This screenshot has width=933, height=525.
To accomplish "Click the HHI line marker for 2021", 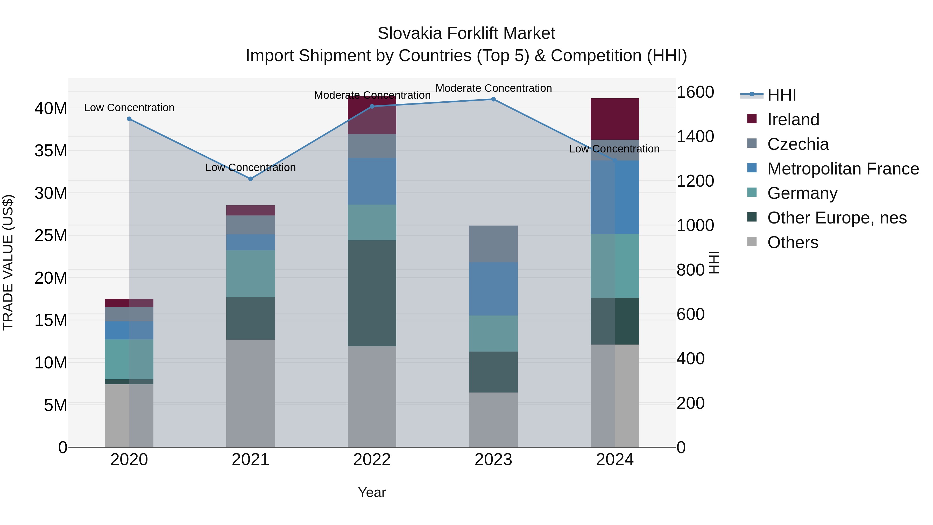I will pos(250,179).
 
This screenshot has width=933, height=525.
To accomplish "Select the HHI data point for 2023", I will pos(493,99).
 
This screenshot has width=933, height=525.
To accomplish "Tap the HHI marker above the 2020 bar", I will pos(129,119).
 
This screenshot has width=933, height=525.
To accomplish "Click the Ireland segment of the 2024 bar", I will pos(615,119).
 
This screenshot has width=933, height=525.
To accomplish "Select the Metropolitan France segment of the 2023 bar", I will pos(493,289).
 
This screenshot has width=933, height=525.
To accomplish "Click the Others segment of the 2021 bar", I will pos(250,393).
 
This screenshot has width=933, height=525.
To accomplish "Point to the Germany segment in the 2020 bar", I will pos(129,359).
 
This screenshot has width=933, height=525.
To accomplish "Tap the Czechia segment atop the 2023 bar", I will pos(493,244).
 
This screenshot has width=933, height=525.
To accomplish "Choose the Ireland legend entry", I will pos(793,120).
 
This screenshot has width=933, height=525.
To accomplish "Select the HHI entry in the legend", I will pos(782,95).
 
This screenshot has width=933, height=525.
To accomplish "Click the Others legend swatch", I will pos(752,242).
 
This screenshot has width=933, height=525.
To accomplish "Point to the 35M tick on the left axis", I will pos(51,151).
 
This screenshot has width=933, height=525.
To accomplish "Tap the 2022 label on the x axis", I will pos(372,460).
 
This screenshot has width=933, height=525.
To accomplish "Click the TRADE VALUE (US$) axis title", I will pos(8,262).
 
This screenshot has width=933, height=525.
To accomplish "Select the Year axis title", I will pos(372,492).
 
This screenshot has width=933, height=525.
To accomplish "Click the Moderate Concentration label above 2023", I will pos(493,88).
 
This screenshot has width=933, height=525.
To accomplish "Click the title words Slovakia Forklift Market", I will pos(466,33).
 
